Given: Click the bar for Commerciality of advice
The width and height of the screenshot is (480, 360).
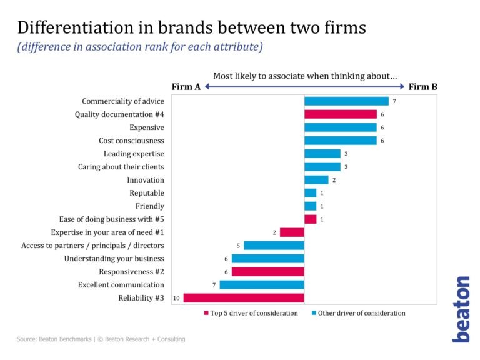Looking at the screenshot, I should point(346,101).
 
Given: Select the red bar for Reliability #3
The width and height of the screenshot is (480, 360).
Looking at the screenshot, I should point(244,298).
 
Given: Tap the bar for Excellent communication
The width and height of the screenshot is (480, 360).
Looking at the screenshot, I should point(262,285).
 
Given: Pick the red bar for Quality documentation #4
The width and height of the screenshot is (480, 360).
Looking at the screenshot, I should point(341,114).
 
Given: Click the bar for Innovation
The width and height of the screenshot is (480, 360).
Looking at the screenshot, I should point(316,180).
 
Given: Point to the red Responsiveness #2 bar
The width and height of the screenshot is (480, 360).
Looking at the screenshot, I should point(267,272).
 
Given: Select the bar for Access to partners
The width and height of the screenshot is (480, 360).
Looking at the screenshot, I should point(274,246).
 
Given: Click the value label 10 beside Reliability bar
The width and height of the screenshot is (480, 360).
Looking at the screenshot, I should point(177,298).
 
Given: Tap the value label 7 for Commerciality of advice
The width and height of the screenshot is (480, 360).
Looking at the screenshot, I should point(394,101).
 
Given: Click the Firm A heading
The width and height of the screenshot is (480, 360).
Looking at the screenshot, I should point(186,87).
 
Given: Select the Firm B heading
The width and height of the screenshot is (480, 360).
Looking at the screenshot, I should point(423,87).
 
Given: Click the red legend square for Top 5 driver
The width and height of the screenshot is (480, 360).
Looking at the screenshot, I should point(206,313).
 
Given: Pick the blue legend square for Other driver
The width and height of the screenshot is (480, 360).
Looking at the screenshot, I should point(313,313).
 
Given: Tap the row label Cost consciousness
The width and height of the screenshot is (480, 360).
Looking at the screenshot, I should point(131,141).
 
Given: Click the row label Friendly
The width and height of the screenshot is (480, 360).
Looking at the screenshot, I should point(150,206).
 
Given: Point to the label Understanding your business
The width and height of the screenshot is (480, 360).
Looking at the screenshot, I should point(114,259).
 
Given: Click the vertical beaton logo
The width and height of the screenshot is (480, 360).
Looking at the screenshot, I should point(461,309).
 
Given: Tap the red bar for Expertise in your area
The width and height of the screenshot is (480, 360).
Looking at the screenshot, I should point(292,232).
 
